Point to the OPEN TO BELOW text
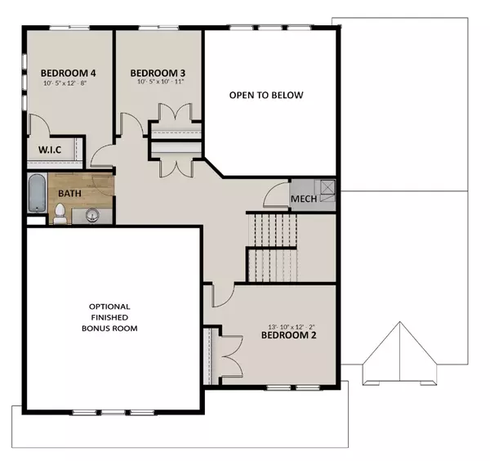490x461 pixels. tap(272, 96)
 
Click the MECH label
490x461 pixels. tap(304, 199)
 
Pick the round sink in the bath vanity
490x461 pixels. tap(92, 215)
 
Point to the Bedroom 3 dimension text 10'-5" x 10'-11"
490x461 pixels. tap(158, 83)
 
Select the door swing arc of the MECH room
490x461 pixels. tap(276, 196)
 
